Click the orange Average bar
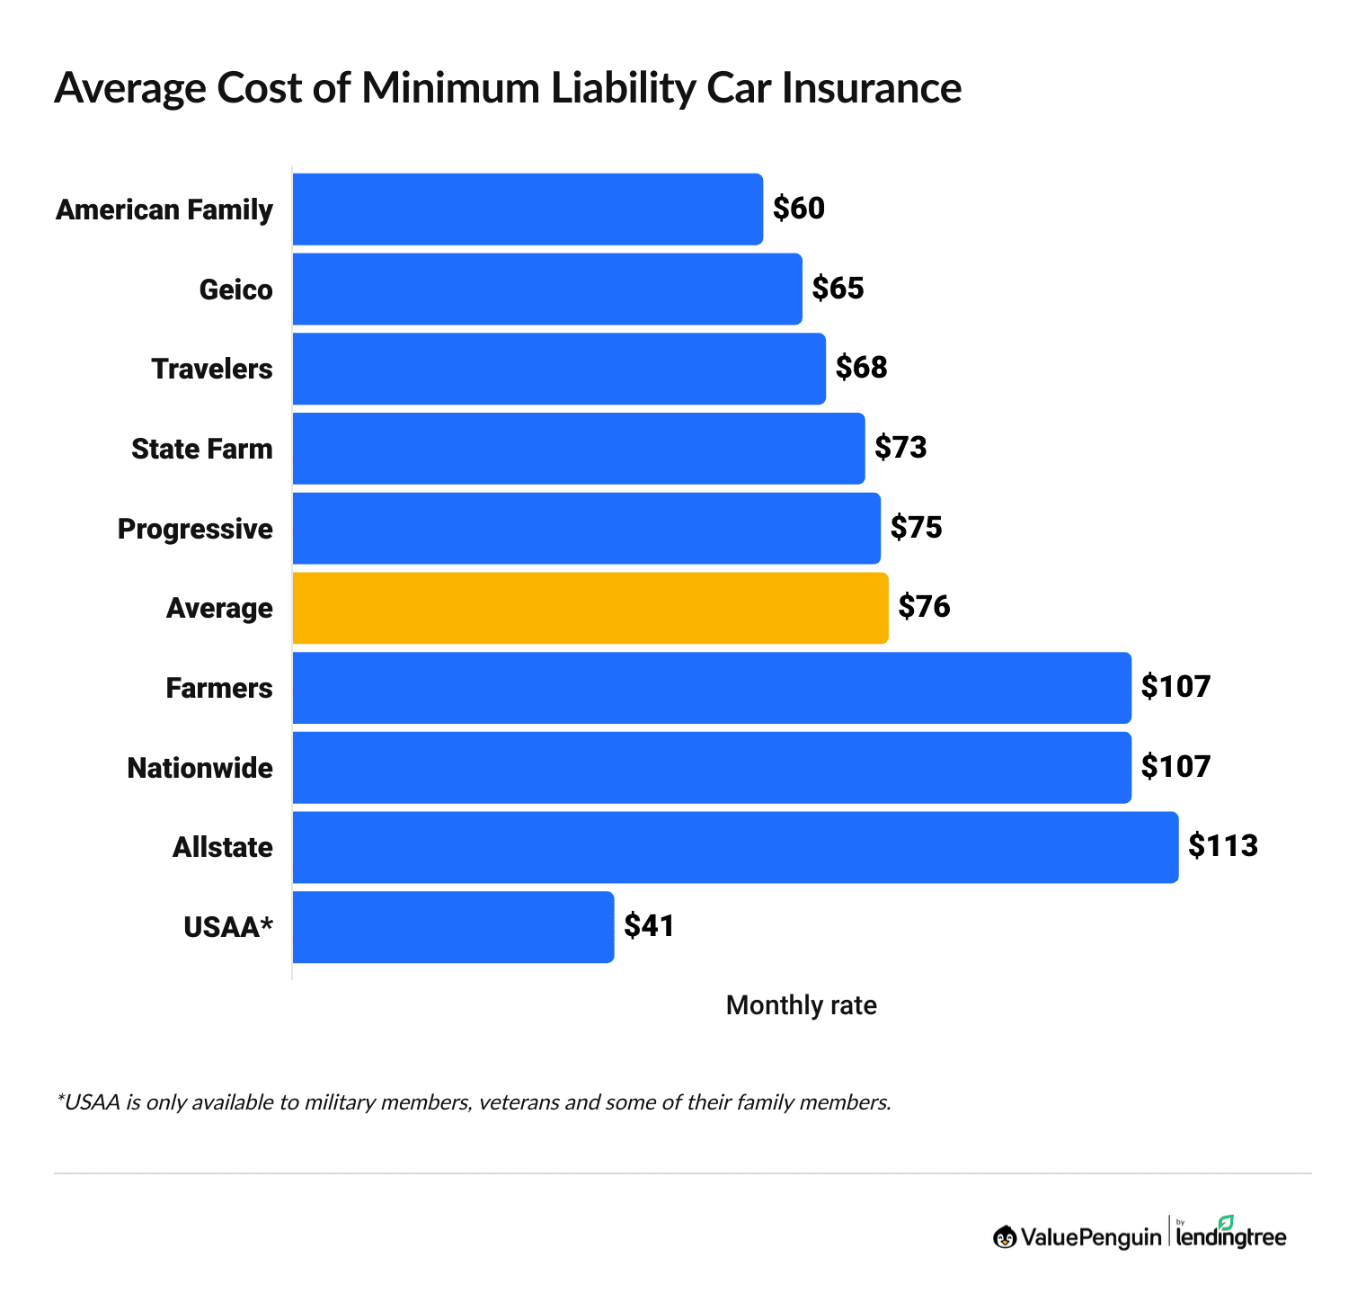[590, 608]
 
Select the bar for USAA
[453, 927]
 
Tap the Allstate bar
[735, 847]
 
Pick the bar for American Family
[528, 209]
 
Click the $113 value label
[1223, 846]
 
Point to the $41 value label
[649, 926]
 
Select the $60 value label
[799, 209]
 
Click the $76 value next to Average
[924, 608]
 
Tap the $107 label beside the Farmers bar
[1175, 687]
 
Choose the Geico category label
[235, 290]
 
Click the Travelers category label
[212, 369]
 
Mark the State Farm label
[202, 449]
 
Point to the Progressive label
[195, 529]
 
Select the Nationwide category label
[200, 768]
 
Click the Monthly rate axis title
[801, 1005]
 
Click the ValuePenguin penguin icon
[1005, 1237]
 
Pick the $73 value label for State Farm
[900, 448]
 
